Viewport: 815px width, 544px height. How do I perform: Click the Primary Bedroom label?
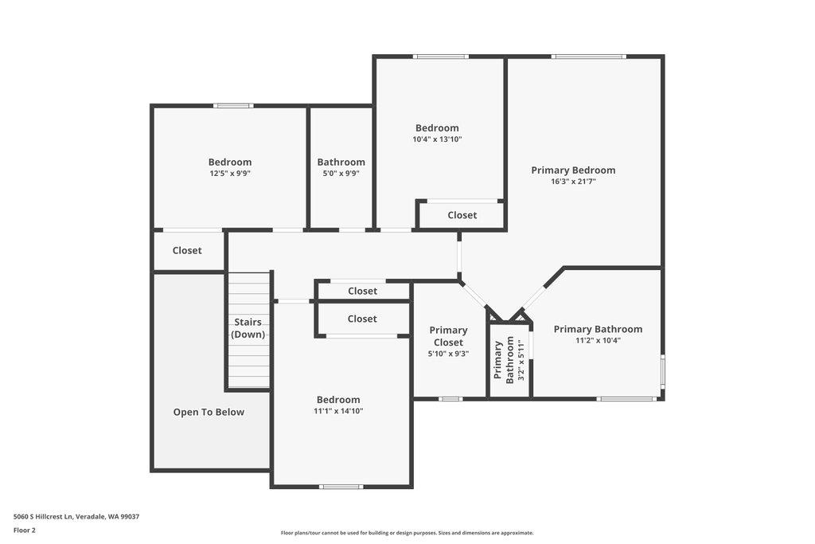point(573,170)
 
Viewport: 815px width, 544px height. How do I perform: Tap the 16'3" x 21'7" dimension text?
point(573,182)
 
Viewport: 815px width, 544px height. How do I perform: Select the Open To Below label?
point(209,412)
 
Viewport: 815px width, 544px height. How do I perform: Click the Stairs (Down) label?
point(248,328)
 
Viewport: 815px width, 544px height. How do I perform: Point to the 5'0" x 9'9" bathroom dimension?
point(341,173)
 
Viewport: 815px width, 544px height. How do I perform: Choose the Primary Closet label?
point(448,336)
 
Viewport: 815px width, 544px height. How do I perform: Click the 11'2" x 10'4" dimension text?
point(598,340)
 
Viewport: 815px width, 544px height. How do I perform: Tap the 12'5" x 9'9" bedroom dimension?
point(230,173)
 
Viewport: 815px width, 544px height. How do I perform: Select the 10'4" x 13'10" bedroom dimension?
point(437,139)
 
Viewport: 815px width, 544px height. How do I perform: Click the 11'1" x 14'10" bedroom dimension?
point(338,411)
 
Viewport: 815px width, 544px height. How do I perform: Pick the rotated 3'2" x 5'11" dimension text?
point(522,361)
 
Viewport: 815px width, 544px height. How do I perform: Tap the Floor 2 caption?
point(25,530)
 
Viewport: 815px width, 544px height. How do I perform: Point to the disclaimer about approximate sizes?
point(407,533)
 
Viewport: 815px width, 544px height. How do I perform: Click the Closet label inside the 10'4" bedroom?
point(462,215)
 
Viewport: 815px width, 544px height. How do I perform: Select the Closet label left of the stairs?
point(187,250)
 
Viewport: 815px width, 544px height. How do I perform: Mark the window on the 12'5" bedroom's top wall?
point(233,105)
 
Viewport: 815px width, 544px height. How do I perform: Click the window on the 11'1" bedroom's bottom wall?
point(341,486)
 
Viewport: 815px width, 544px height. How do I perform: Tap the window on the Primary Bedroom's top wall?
point(589,57)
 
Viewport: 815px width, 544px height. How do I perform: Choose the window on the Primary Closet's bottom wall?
point(450,398)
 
